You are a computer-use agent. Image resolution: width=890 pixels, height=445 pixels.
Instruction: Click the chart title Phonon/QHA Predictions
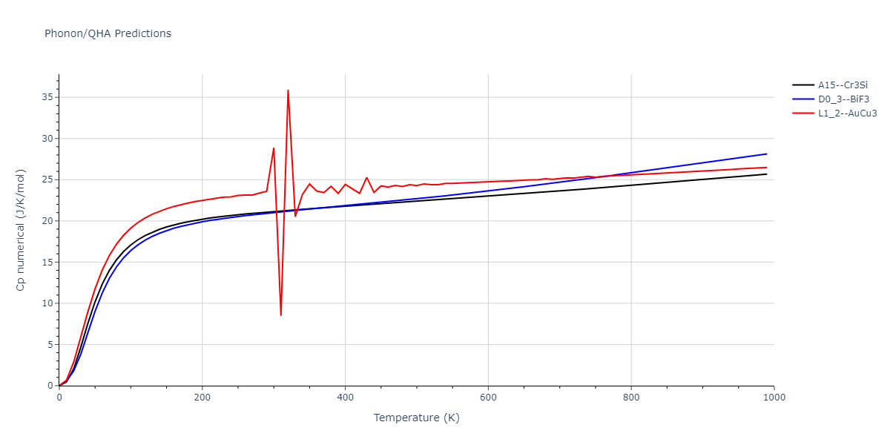click(x=108, y=33)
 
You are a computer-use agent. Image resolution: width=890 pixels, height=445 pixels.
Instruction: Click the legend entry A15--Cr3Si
click(x=843, y=85)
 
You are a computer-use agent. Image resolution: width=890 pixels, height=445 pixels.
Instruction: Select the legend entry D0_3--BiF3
click(x=843, y=99)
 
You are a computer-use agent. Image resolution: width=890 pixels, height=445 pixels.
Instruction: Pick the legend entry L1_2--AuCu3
click(x=847, y=113)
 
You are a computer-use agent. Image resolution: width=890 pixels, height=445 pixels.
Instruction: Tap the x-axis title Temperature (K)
click(x=416, y=418)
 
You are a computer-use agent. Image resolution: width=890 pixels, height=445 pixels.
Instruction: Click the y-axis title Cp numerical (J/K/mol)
click(x=22, y=229)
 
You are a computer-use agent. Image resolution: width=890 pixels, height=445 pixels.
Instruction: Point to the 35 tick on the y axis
click(x=46, y=97)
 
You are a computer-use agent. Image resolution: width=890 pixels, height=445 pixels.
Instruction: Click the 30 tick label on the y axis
click(x=46, y=139)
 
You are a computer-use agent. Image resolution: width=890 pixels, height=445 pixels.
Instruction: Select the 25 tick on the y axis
click(x=46, y=179)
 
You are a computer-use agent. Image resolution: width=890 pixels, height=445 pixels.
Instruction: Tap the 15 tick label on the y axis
click(x=46, y=262)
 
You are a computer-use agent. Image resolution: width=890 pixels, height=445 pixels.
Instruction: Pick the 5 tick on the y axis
click(x=49, y=345)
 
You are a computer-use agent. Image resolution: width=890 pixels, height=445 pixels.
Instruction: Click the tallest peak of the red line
click(x=288, y=90)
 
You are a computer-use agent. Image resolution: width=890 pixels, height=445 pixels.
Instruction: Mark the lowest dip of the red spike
click(x=280, y=315)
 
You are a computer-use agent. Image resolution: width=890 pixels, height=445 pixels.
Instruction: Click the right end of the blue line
click(x=766, y=154)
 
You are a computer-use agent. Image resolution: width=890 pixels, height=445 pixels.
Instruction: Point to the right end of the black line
click(x=766, y=174)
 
